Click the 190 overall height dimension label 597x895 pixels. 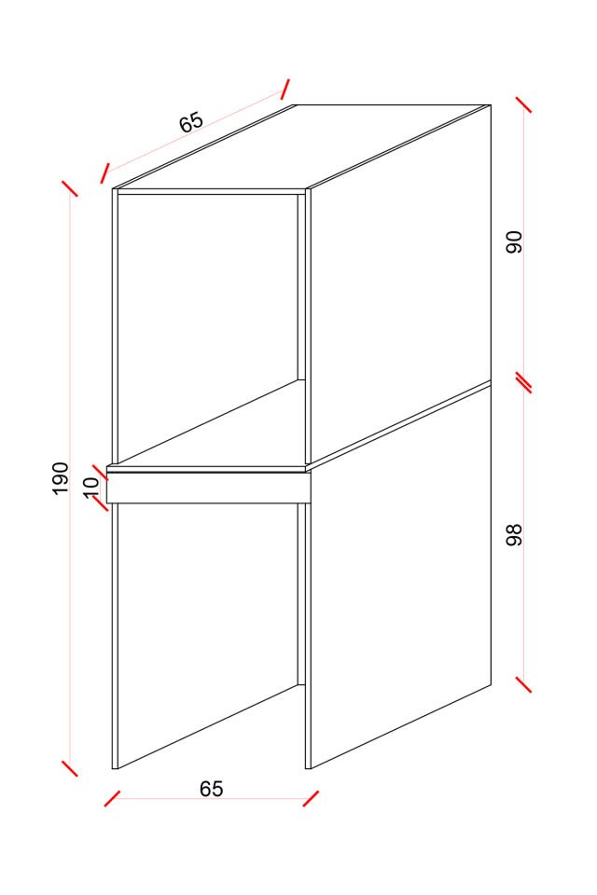pyautogui.click(x=61, y=478)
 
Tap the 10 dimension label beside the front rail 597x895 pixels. pyautogui.click(x=91, y=487)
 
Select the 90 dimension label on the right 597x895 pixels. pyautogui.click(x=515, y=242)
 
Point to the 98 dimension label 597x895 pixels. pyautogui.click(x=515, y=535)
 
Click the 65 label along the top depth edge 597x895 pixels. pyautogui.click(x=191, y=122)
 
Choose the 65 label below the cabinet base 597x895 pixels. pyautogui.click(x=212, y=789)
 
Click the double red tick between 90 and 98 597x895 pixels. pyautogui.click(x=524, y=382)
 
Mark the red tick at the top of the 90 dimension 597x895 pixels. pyautogui.click(x=524, y=104)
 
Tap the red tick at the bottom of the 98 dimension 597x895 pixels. pyautogui.click(x=524, y=684)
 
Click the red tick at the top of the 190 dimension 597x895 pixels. pyautogui.click(x=69, y=188)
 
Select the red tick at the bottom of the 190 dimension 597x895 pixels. pyautogui.click(x=69, y=768)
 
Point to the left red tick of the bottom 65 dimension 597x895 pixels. pyautogui.click(x=112, y=799)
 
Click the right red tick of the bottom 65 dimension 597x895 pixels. pyautogui.click(x=311, y=799)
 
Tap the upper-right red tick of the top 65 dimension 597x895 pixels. pyautogui.click(x=285, y=89)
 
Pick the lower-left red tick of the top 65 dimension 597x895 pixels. pyautogui.click(x=104, y=173)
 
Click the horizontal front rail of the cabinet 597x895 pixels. pyautogui.click(x=209, y=488)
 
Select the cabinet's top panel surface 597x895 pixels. pyautogui.click(x=301, y=146)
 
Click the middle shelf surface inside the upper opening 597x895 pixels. pyautogui.click(x=212, y=422)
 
